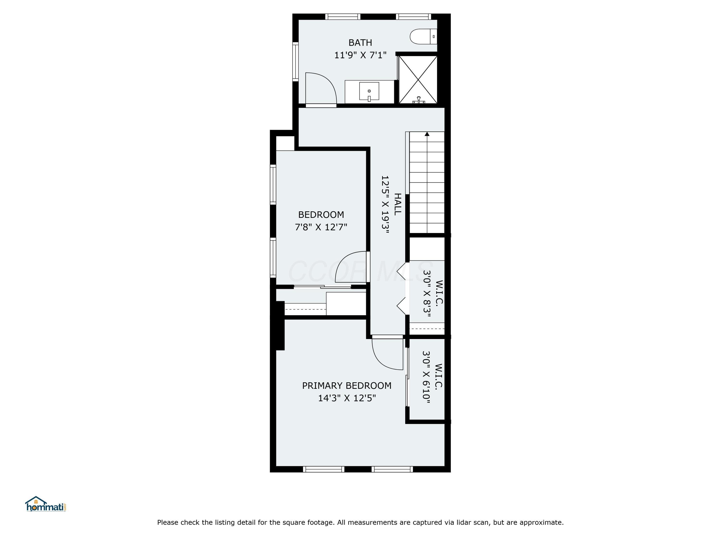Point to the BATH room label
click(360, 43)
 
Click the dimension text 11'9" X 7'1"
click(360, 55)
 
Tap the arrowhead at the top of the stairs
click(427, 134)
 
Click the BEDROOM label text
click(321, 214)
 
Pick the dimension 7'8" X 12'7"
click(321, 227)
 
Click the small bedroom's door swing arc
click(350, 267)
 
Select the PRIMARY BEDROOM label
click(347, 385)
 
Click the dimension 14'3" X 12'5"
click(347, 398)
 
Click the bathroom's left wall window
click(295, 61)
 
